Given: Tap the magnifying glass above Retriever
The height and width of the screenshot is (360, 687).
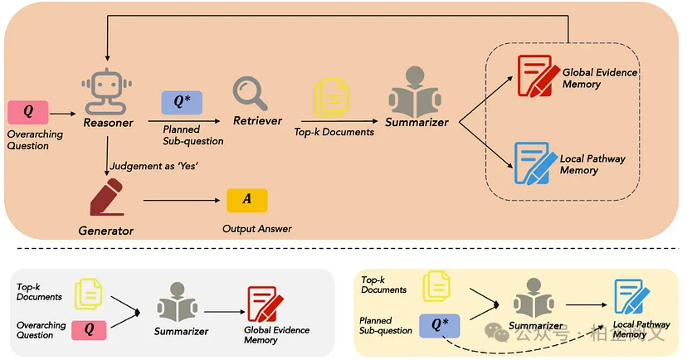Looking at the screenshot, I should [x=250, y=92].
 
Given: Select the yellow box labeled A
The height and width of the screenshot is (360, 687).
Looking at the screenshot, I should [x=247, y=201].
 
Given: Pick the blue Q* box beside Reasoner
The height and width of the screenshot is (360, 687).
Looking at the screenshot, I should [x=182, y=103].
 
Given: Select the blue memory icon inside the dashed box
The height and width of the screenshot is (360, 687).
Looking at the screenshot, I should [x=535, y=163].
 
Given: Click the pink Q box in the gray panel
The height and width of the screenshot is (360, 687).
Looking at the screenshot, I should [x=90, y=329].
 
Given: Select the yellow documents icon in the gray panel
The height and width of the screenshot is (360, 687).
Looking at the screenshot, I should [x=89, y=293].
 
